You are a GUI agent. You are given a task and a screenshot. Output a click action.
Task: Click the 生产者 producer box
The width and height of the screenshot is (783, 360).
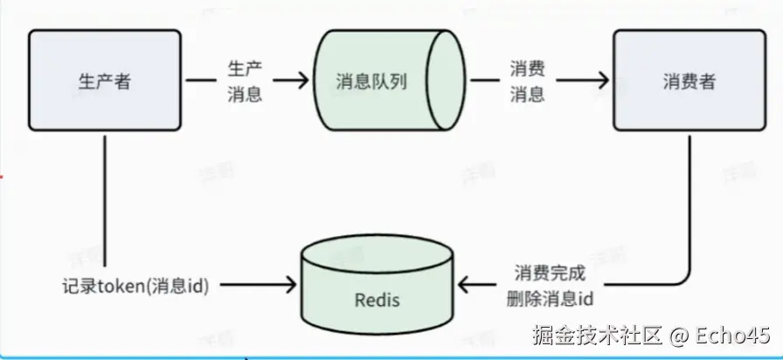point(104,81)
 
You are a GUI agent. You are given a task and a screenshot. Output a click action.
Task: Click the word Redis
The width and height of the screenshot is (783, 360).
point(378,300)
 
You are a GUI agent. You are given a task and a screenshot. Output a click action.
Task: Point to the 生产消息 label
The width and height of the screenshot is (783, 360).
point(245,81)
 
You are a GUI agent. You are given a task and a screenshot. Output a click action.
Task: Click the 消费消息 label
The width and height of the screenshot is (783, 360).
point(528,81)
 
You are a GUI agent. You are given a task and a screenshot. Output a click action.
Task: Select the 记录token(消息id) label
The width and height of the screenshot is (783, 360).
point(135,286)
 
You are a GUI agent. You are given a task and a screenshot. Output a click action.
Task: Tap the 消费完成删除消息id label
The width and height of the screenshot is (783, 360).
point(551,285)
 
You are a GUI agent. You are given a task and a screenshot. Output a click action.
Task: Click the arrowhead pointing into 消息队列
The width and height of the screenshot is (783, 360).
point(303,80)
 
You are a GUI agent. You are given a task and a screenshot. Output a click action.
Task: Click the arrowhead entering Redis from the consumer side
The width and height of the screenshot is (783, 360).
point(466,285)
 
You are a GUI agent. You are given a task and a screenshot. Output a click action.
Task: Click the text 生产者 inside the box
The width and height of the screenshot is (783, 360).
point(104,82)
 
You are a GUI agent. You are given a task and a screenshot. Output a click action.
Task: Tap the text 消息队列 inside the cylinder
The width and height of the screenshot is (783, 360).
point(371,82)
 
